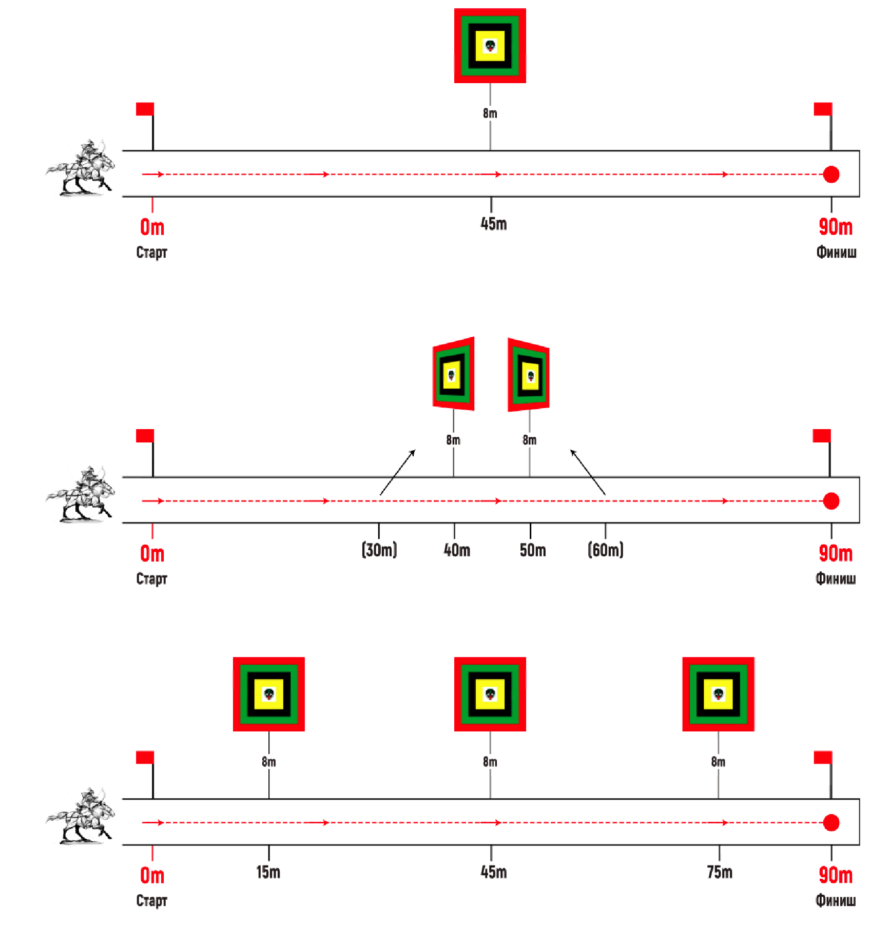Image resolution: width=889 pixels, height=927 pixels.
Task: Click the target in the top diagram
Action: (490, 46)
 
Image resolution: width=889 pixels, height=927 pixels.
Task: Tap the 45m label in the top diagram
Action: (493, 224)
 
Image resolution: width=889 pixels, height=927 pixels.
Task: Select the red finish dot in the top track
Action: (831, 175)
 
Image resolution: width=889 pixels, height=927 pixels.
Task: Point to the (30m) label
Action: (379, 550)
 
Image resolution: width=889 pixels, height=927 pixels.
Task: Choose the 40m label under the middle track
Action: (456, 550)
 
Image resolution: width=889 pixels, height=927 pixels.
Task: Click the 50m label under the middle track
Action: (532, 550)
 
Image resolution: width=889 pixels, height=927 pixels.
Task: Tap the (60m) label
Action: (605, 550)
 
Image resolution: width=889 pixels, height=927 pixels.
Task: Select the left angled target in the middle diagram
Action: (453, 374)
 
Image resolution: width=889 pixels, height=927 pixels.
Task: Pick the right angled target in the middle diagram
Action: (529, 375)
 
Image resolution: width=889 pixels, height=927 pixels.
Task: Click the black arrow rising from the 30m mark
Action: (397, 472)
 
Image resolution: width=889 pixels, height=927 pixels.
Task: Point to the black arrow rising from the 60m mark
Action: (588, 472)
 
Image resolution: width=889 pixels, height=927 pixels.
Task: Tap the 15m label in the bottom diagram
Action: (268, 872)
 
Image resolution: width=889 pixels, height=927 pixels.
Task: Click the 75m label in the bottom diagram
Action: (719, 872)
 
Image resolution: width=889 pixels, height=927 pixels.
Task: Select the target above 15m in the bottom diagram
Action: (269, 694)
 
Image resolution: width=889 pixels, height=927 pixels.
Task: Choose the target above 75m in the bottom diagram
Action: (718, 694)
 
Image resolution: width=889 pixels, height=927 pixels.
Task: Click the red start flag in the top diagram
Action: (145, 109)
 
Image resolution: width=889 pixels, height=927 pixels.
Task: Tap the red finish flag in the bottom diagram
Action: (823, 758)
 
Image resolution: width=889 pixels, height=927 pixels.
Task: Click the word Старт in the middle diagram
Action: (151, 578)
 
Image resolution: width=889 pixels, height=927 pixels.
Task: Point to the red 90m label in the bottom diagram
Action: (835, 875)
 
